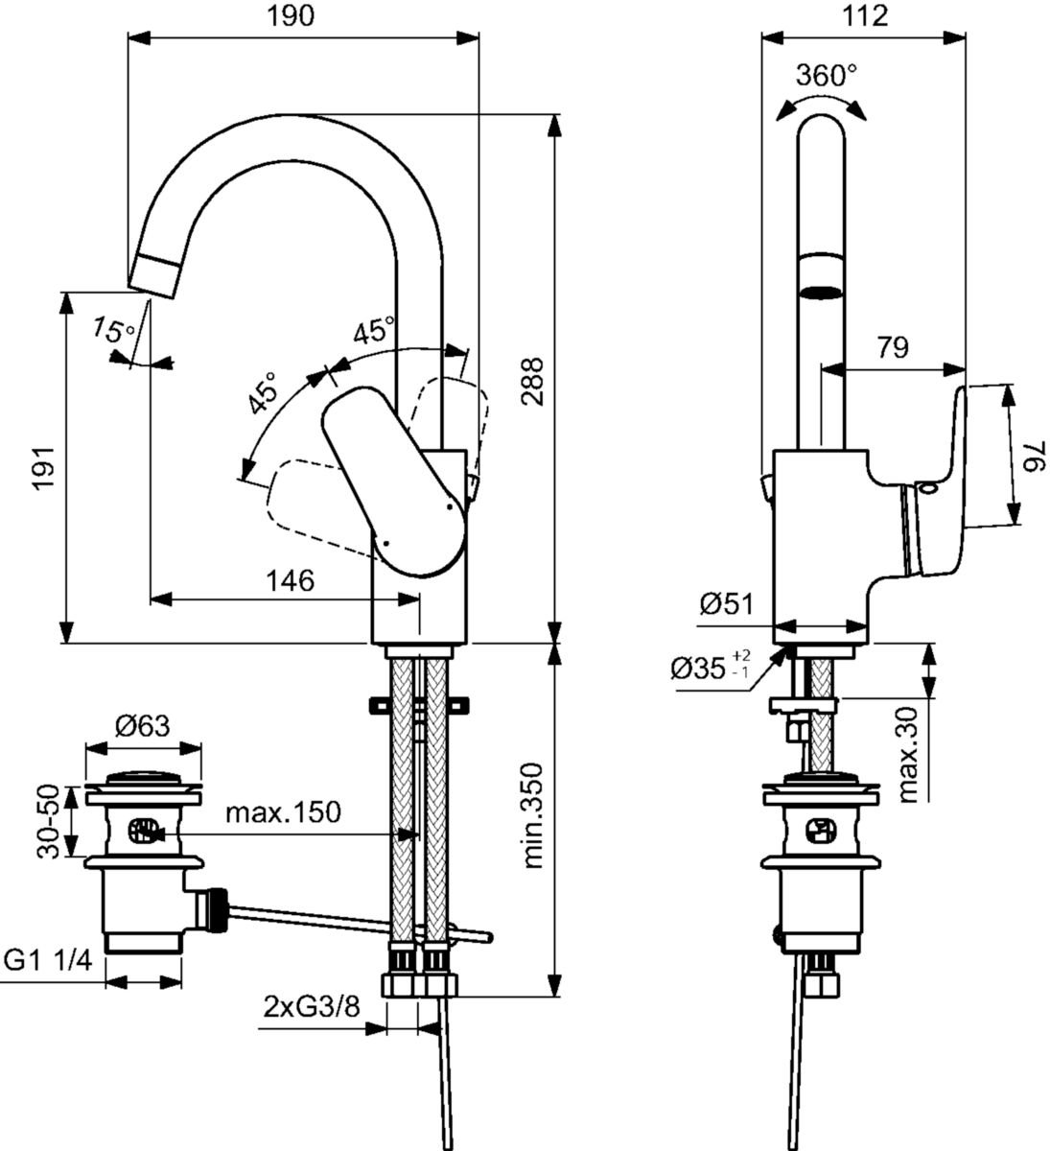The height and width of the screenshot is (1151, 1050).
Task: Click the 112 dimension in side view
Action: (866, 16)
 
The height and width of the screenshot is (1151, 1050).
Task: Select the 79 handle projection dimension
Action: (892, 346)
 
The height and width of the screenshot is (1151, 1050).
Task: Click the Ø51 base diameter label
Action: (726, 605)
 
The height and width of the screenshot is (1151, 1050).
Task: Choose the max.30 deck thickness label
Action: (914, 754)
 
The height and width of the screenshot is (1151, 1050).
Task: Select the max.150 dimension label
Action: (283, 813)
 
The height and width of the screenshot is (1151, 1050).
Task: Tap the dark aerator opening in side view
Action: (822, 292)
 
